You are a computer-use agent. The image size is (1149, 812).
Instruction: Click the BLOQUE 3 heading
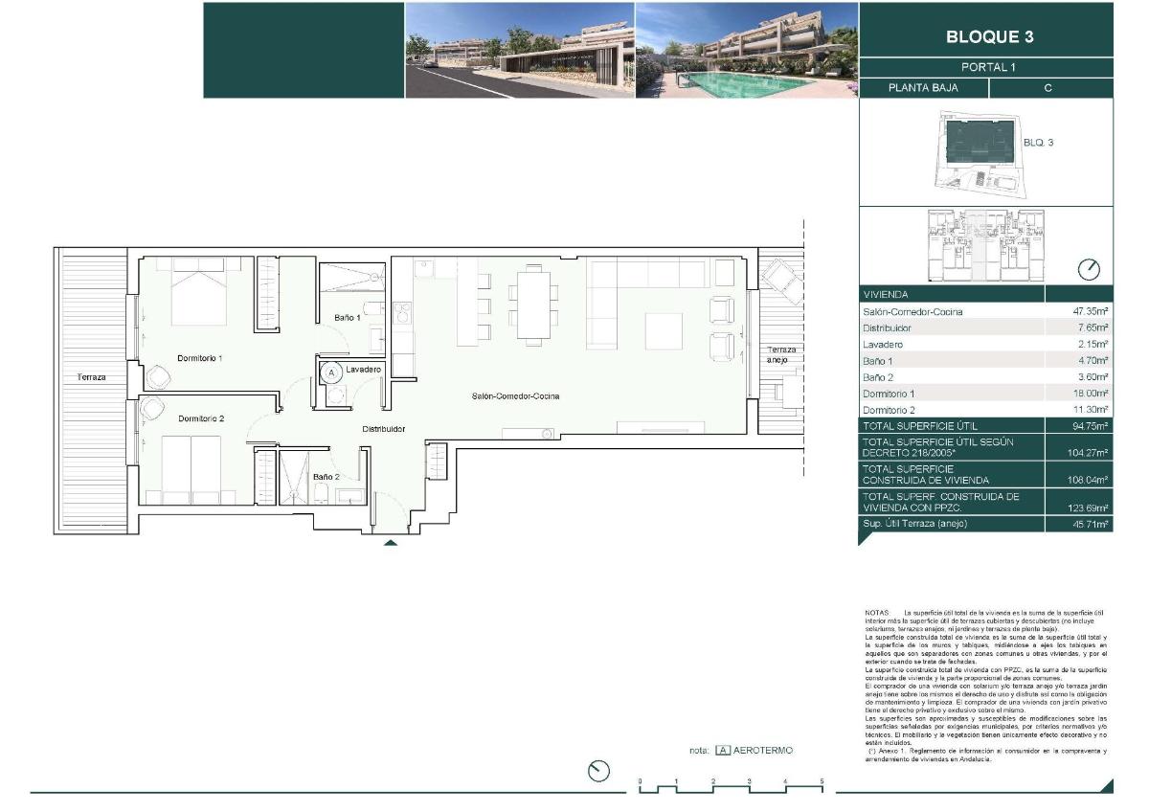[989, 37]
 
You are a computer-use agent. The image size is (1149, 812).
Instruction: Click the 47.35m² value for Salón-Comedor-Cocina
[1090, 312]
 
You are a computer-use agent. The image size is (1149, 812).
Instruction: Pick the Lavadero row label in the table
[883, 345]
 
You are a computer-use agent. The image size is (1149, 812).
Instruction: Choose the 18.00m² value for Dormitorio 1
[1090, 394]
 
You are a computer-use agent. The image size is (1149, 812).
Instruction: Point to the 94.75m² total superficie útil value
[1090, 426]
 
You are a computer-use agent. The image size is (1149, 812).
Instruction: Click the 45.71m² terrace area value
[1090, 525]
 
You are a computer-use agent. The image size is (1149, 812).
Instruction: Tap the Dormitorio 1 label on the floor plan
[200, 358]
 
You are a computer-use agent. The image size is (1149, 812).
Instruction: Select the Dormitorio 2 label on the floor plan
[201, 419]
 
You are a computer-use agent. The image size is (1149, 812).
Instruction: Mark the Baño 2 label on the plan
[326, 476]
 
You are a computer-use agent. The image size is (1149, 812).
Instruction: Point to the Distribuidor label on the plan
[383, 430]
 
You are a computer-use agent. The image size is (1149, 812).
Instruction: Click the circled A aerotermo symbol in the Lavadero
[331, 372]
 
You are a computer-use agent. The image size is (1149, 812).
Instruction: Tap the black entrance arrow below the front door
[390, 543]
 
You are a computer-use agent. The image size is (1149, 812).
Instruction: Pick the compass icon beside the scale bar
[598, 771]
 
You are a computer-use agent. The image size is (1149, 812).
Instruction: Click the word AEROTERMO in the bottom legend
[763, 751]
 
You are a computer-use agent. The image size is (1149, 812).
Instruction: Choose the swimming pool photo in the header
[746, 50]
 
